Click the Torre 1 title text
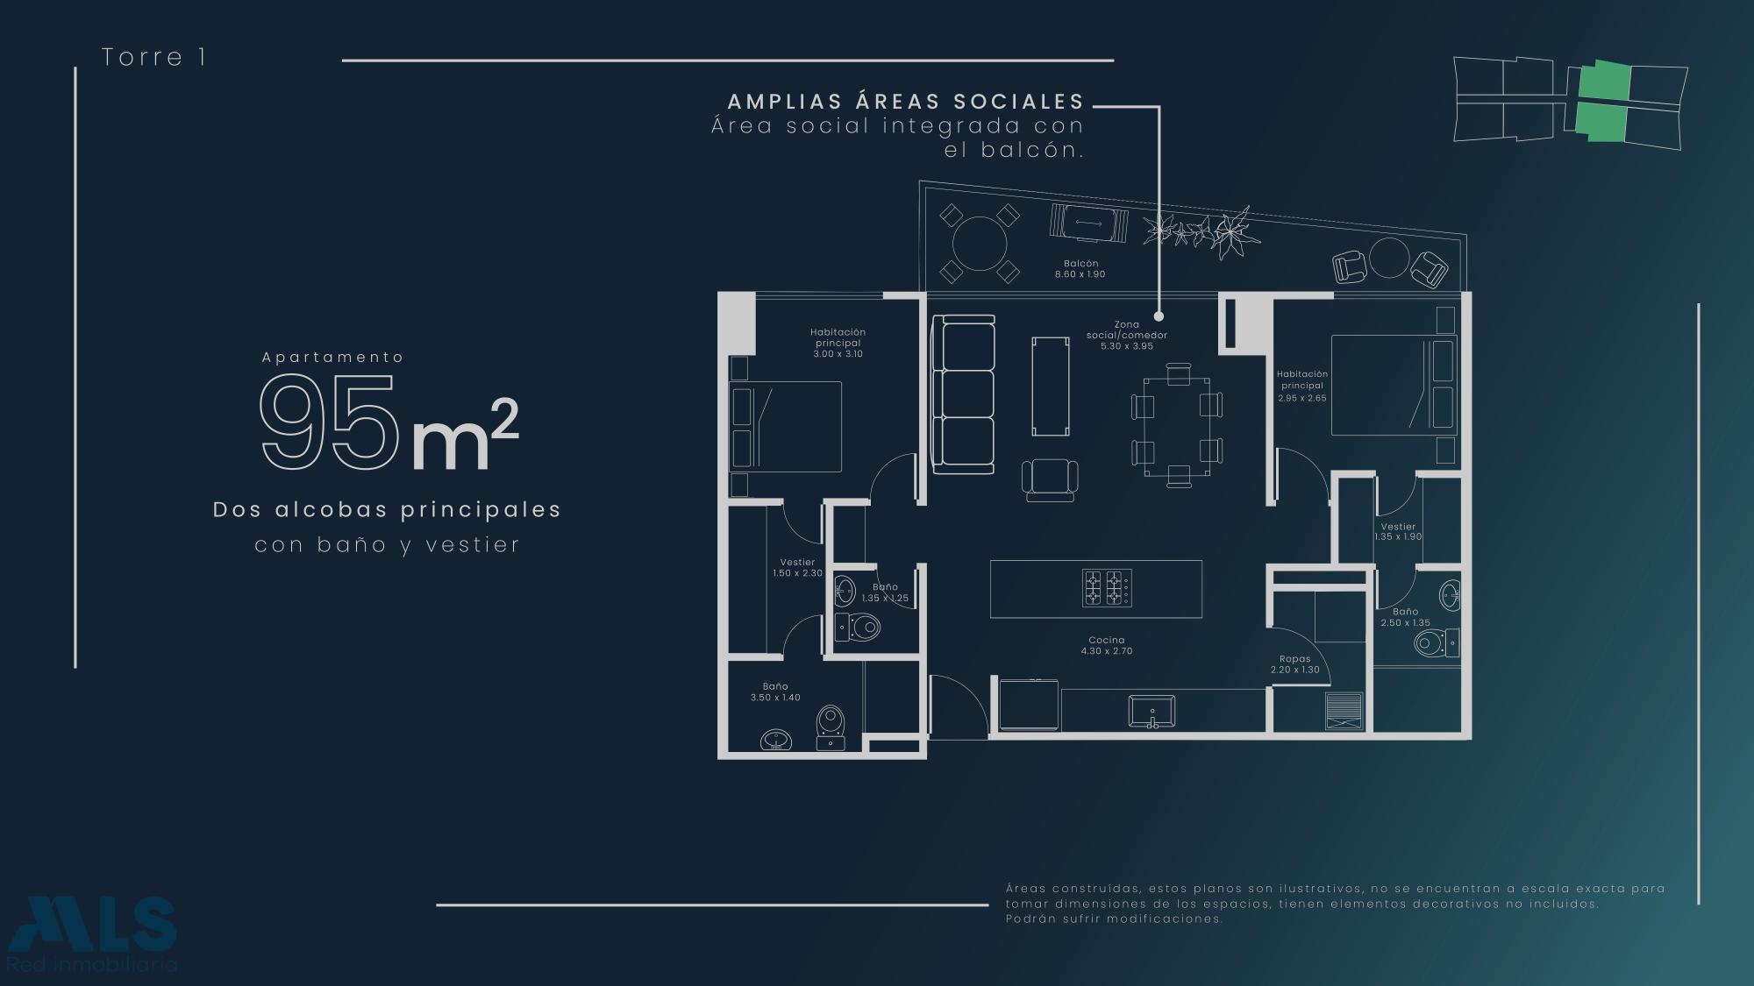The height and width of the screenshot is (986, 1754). coord(153,57)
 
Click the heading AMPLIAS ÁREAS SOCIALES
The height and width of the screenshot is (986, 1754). coord(906,102)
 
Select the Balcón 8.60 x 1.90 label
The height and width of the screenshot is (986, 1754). coord(1080,268)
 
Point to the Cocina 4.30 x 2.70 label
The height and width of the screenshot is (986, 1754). coord(1106,645)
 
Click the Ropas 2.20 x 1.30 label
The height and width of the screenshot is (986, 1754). coord(1294,664)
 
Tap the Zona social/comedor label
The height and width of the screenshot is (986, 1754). coord(1127,335)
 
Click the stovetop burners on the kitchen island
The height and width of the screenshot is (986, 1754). coord(1107,588)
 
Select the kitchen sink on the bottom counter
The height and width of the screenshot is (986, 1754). coord(1152,712)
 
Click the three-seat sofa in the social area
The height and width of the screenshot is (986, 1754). coord(963,394)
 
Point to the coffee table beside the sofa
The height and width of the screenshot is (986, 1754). coord(1052,386)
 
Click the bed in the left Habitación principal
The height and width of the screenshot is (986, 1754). coord(786,427)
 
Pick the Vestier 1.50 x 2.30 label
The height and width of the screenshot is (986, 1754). coord(797,568)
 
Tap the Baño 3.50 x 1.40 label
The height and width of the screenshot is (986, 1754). coord(775,692)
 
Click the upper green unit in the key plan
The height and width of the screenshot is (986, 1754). coord(1604,82)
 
